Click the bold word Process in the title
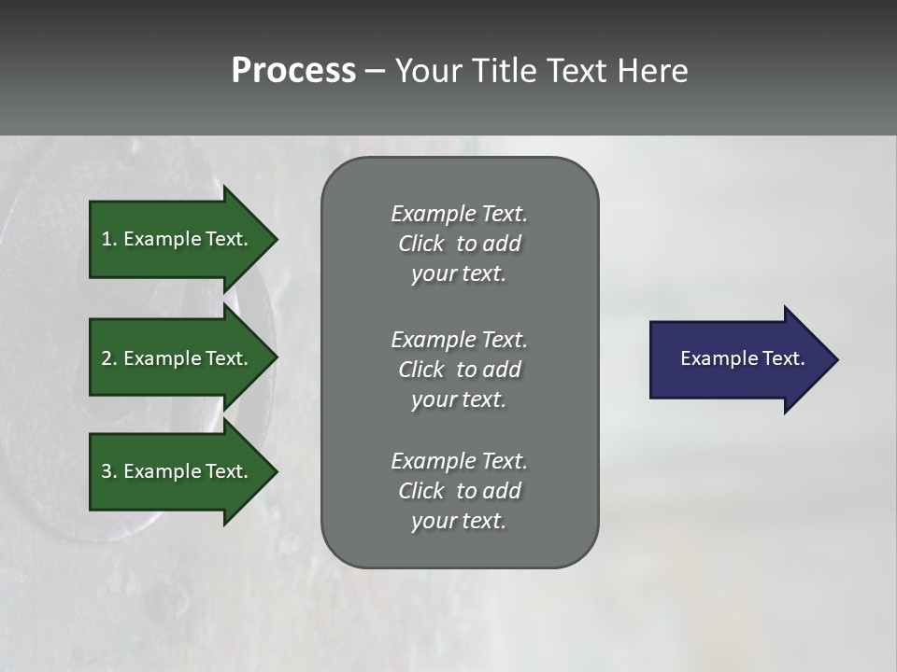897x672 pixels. click(293, 71)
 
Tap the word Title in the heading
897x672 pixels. click(506, 71)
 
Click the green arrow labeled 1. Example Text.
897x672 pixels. click(178, 239)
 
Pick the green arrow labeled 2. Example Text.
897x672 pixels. click(178, 358)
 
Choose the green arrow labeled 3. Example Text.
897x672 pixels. click(178, 471)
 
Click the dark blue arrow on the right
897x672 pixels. click(738, 359)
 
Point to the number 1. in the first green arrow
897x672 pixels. click(109, 239)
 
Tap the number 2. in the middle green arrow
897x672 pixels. click(109, 358)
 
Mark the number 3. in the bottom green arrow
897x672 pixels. click(109, 471)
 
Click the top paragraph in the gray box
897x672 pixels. click(459, 244)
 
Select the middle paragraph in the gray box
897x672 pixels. click(459, 369)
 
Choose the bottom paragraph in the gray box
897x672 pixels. click(459, 491)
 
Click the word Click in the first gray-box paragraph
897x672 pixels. click(420, 244)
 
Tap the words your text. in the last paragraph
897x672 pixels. click(458, 521)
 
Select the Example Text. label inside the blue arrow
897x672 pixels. click(742, 358)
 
